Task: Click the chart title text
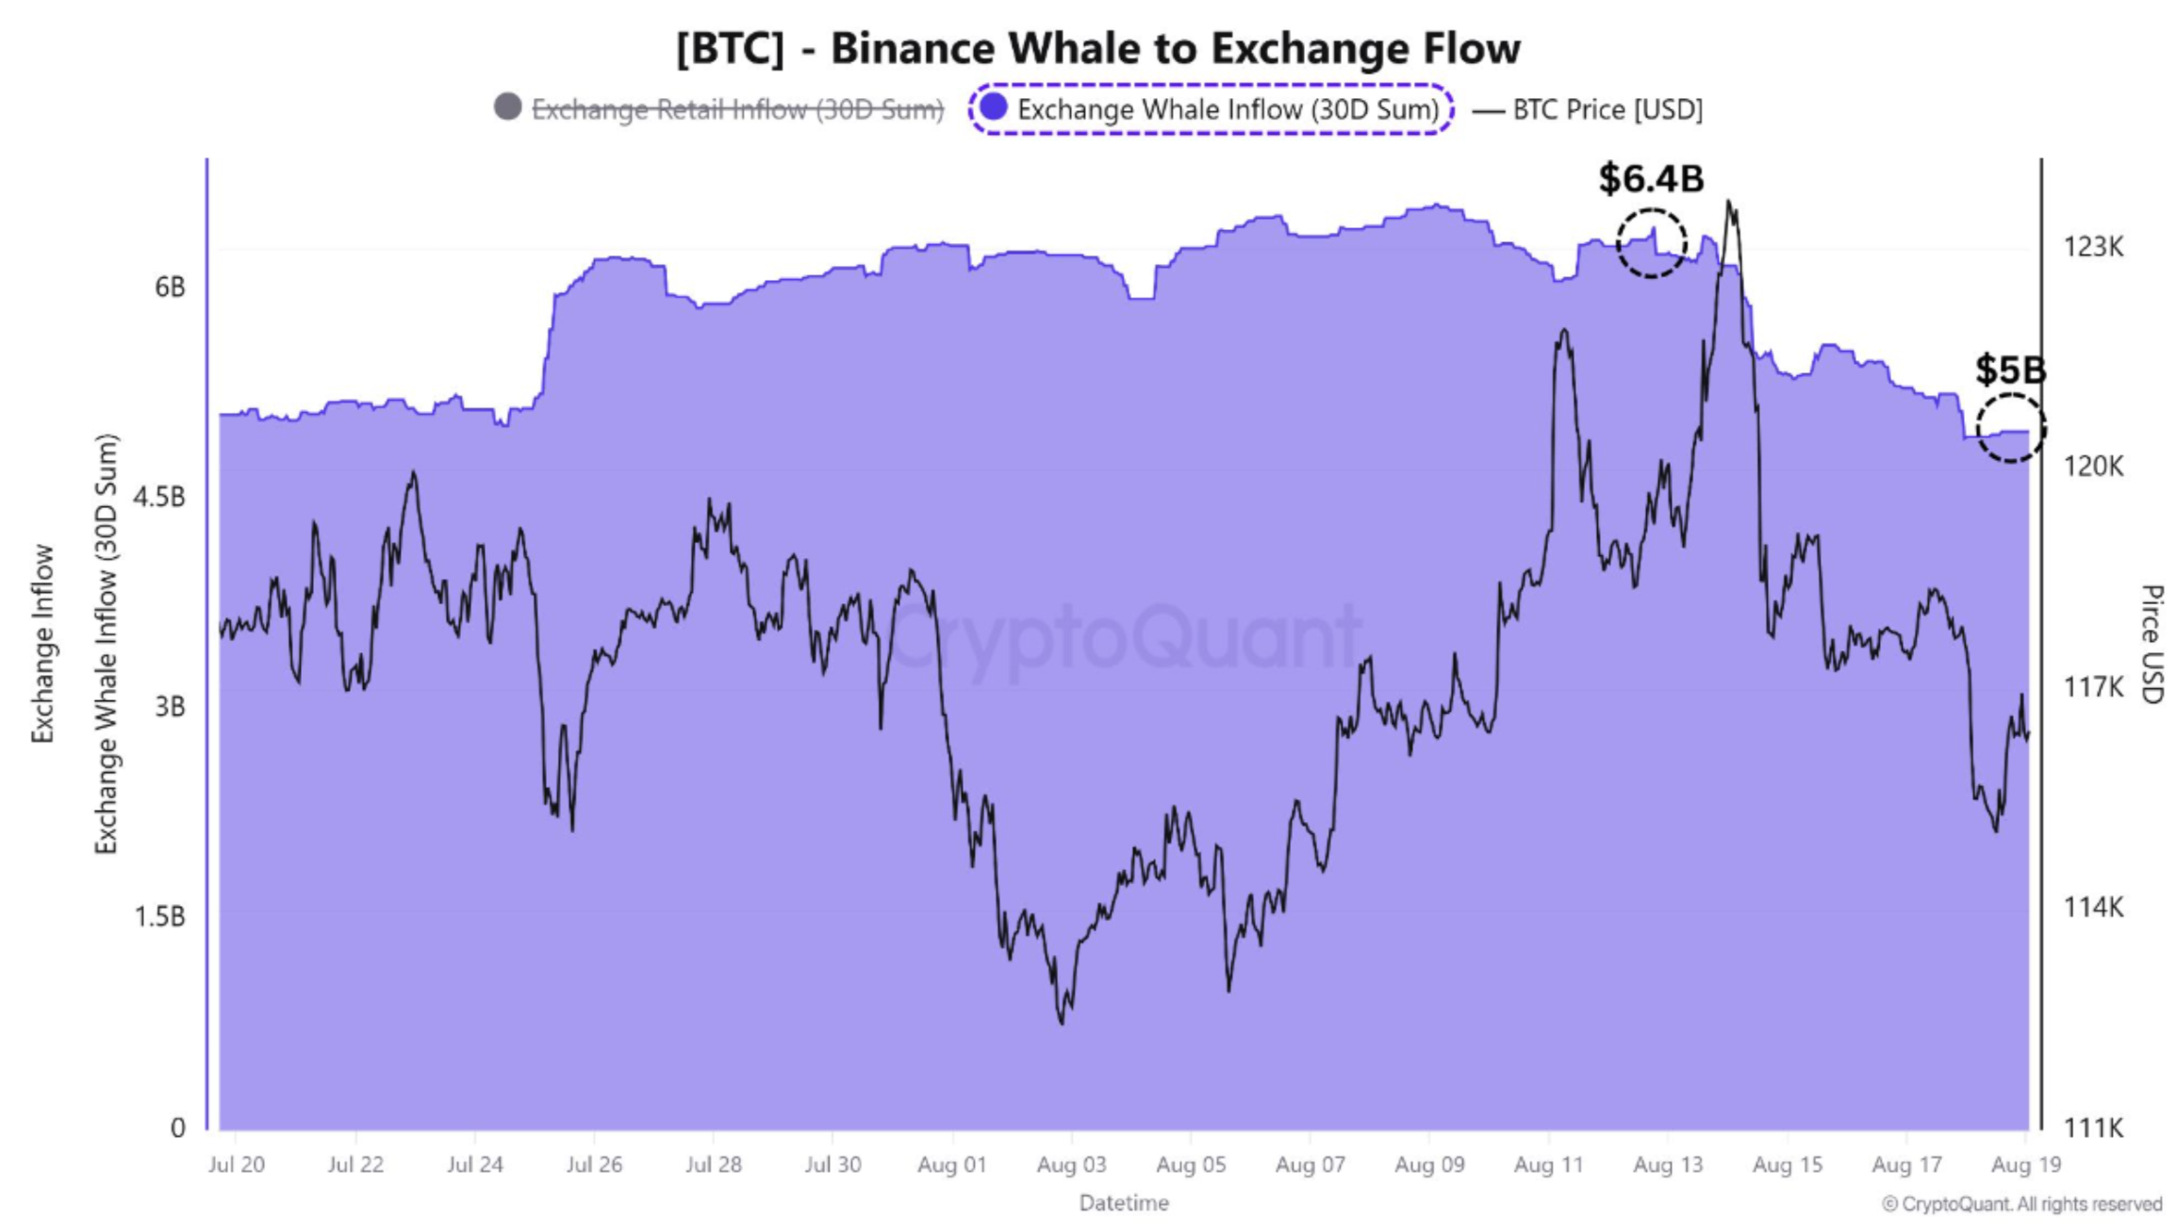(1097, 48)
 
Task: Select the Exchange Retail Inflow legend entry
(719, 109)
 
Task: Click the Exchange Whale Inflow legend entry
(1211, 109)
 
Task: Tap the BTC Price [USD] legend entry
(1590, 109)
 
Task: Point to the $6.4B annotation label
(1651, 178)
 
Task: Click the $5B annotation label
(2010, 369)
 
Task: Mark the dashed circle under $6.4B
(1651, 243)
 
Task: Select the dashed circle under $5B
(2010, 428)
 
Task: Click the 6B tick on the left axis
(170, 287)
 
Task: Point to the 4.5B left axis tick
(159, 497)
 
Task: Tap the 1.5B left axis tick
(159, 916)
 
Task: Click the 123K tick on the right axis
(2092, 247)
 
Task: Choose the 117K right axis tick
(2092, 687)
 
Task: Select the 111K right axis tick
(2092, 1127)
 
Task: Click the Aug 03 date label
(1071, 1165)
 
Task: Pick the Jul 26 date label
(594, 1165)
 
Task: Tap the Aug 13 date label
(1668, 1165)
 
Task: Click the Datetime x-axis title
(1124, 1204)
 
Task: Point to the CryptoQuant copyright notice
(2021, 1205)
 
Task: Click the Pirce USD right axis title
(2151, 645)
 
